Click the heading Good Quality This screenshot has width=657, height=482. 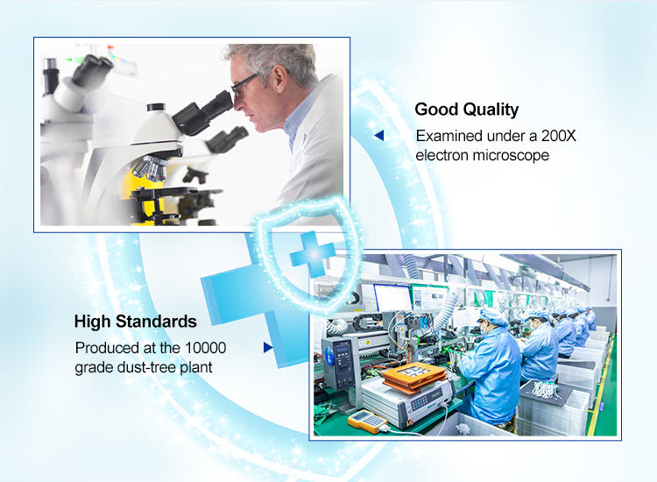pyautogui.click(x=466, y=110)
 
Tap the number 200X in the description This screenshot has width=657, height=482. pyautogui.click(x=559, y=136)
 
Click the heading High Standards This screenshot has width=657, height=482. pyautogui.click(x=135, y=322)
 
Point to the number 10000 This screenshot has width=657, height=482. pyautogui.click(x=205, y=348)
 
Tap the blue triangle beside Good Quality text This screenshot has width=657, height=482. pyautogui.click(x=379, y=135)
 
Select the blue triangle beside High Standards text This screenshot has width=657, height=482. pyautogui.click(x=268, y=347)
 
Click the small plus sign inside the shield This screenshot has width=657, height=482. pyautogui.click(x=312, y=254)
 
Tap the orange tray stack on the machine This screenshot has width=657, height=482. pyautogui.click(x=414, y=377)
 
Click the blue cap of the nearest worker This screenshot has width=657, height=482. pyautogui.click(x=493, y=317)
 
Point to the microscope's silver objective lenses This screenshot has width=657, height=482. pyautogui.click(x=151, y=167)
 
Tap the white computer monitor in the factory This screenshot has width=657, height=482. pyautogui.click(x=392, y=297)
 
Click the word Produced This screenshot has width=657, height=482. pyautogui.click(x=107, y=348)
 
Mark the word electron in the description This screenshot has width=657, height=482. pyautogui.click(x=442, y=155)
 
